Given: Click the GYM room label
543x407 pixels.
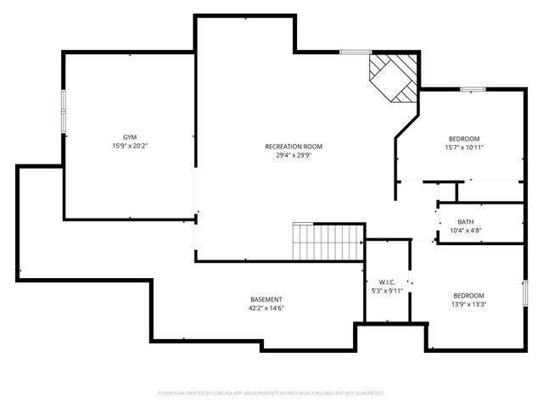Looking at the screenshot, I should (x=130, y=137).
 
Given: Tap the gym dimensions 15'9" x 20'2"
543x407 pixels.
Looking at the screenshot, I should (x=130, y=146).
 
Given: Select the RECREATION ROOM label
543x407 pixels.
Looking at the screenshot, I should (x=294, y=146).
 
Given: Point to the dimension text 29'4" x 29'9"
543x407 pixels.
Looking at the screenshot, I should (x=294, y=155).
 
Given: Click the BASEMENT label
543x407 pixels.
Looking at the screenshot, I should (x=266, y=299).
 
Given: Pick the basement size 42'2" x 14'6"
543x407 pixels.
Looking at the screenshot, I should (x=266, y=309).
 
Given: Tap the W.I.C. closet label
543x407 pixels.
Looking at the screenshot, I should (x=387, y=281).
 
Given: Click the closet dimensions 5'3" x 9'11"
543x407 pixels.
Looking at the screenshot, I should (x=387, y=290).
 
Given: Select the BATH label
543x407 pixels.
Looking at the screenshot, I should (x=466, y=221).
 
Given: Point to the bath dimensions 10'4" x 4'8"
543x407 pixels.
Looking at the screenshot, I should (x=466, y=230).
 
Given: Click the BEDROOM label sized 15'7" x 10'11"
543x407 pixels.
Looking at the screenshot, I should (x=464, y=138).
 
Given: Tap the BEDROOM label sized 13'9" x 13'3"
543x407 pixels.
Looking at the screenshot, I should (x=467, y=295).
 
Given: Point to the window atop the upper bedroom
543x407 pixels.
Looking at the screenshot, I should (x=472, y=89).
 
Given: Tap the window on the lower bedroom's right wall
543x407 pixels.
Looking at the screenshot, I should (x=524, y=293).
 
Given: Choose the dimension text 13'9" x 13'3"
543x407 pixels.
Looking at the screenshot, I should (x=467, y=304).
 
